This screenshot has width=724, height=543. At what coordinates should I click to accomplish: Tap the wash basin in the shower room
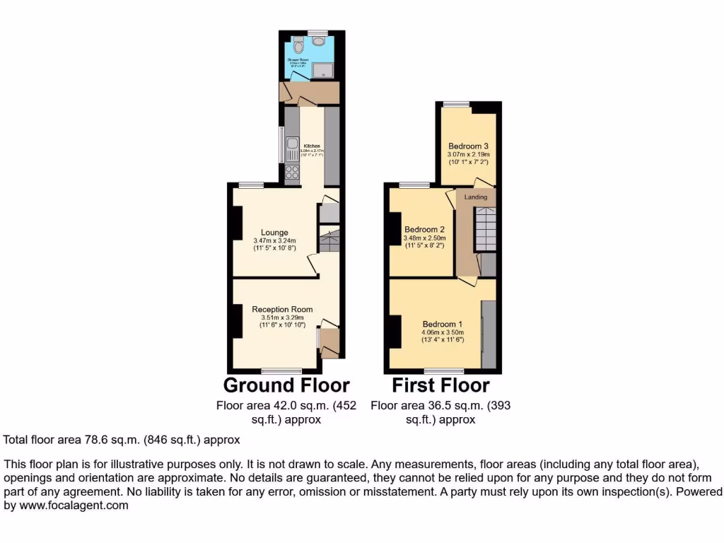(315, 44)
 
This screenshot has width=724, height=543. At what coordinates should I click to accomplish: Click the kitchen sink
(292, 149)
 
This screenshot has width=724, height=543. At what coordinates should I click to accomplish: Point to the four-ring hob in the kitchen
(292, 172)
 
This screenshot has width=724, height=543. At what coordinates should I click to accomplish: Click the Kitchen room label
(312, 146)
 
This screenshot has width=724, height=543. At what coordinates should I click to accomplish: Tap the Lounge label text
(274, 232)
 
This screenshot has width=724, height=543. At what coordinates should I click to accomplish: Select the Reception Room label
(282, 309)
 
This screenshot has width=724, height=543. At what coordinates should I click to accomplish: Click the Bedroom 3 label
(468, 146)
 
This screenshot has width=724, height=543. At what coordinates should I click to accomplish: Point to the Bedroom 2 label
(424, 229)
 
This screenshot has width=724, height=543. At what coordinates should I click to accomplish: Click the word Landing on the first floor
(476, 197)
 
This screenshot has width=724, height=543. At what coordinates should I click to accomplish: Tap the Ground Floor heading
(286, 385)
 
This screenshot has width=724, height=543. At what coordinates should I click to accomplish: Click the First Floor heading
(440, 385)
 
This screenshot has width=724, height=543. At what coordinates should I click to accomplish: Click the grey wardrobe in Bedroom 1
(488, 334)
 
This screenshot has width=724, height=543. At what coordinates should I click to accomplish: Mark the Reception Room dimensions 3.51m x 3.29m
(282, 317)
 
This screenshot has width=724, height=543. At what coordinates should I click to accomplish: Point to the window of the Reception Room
(281, 370)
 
